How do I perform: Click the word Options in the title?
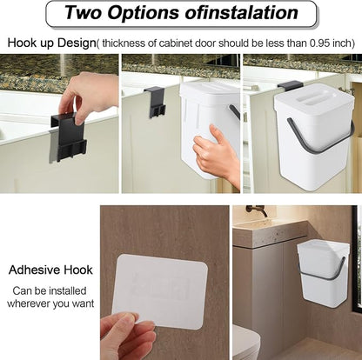point(144,12)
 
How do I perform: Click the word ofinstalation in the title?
point(242,12)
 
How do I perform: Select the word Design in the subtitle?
point(76,43)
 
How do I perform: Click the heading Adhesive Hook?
point(50,270)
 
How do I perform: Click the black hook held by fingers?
point(69,137)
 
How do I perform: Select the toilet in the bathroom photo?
point(246,342)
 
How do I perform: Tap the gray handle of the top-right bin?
point(320,137)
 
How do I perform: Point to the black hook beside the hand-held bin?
point(155,102)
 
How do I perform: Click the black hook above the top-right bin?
point(290,84)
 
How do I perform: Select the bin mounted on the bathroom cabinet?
point(321,273)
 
